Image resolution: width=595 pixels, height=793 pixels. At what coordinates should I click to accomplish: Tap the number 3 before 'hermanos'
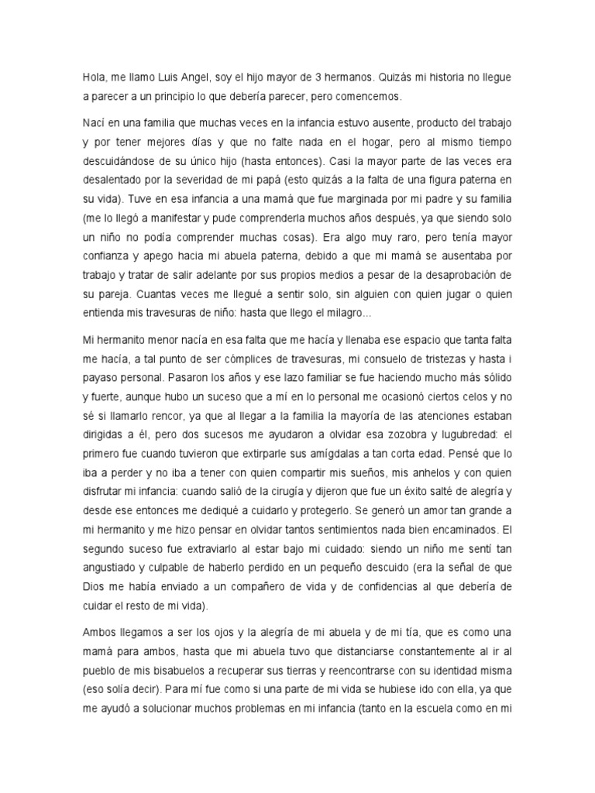[x=318, y=77]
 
